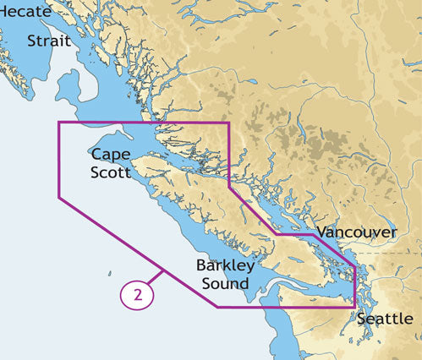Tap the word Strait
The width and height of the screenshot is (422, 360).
pyautogui.click(x=49, y=41)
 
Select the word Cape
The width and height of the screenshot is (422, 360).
pyautogui.click(x=112, y=155)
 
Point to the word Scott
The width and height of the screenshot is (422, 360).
pyautogui.click(x=112, y=172)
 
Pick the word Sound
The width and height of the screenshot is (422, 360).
pyautogui.click(x=226, y=283)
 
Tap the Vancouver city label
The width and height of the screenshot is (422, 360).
pyautogui.click(x=356, y=232)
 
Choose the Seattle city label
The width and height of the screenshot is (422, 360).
pyautogui.click(x=385, y=319)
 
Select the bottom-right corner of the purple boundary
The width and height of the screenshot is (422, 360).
pyautogui.click(x=354, y=307)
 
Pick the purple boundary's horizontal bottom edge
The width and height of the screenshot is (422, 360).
pyautogui.click(x=288, y=307)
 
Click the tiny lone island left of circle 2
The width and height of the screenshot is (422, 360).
pyautogui.click(x=109, y=273)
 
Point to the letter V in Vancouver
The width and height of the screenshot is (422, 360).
pyautogui.click(x=321, y=232)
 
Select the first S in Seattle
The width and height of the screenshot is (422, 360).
pyautogui.click(x=362, y=319)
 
